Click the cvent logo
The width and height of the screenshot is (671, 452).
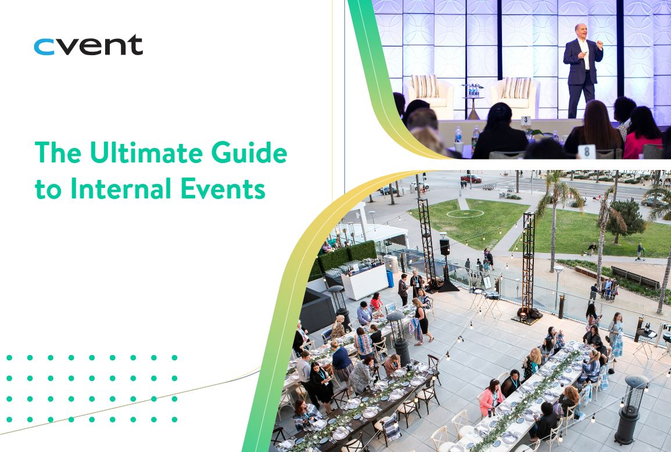click(x=88, y=45)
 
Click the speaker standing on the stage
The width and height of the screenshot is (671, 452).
click(x=582, y=70)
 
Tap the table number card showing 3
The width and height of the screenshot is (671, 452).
click(x=525, y=121)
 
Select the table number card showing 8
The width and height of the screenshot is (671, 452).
click(x=586, y=151)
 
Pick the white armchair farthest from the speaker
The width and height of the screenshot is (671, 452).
click(x=430, y=95)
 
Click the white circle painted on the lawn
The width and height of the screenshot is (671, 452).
click(x=465, y=214)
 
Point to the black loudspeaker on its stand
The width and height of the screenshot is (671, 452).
click(x=444, y=247)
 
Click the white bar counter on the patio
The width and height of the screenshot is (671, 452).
click(x=364, y=283)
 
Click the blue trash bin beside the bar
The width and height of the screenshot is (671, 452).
click(x=390, y=279)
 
